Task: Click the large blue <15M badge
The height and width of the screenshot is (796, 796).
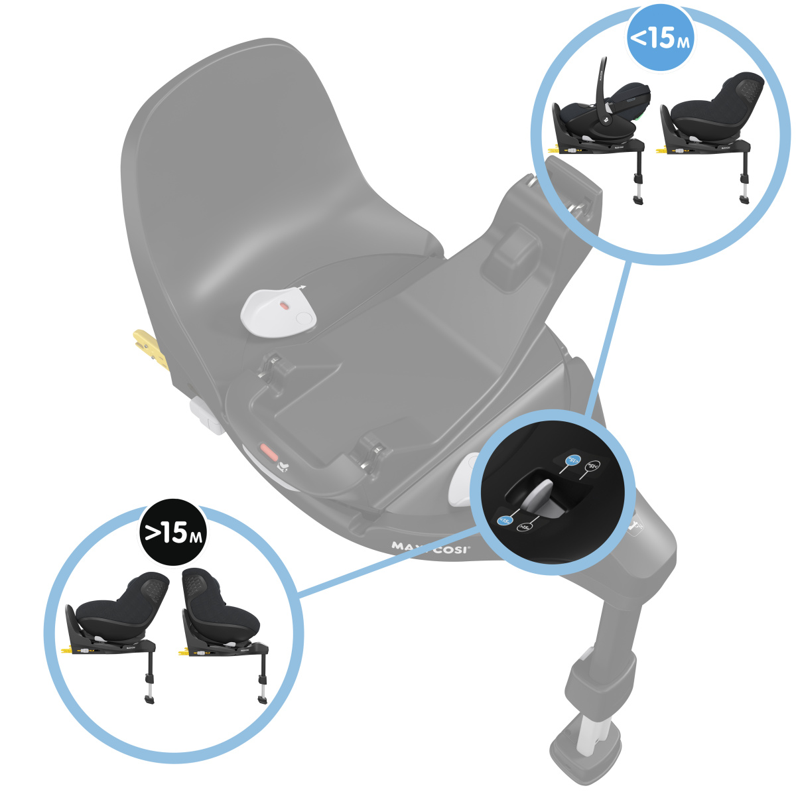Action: (659, 37)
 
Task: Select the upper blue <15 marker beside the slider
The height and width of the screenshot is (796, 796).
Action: (572, 460)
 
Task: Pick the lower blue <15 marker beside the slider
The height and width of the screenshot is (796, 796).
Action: (504, 521)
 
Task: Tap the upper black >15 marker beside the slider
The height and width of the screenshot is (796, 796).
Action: (594, 466)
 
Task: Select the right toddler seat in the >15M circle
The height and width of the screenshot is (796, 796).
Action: (222, 610)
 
